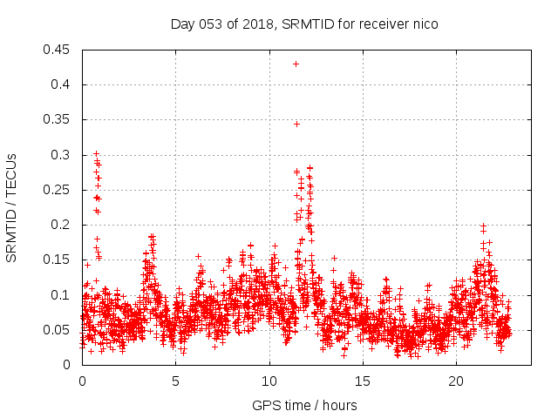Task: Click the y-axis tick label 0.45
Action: point(58,50)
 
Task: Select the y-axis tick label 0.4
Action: point(62,84)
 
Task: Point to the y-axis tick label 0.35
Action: point(58,119)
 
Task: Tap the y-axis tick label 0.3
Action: point(62,155)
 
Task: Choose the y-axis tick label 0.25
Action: point(58,190)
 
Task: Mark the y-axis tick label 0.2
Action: point(62,225)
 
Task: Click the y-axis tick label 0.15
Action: point(58,260)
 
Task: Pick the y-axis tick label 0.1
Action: point(62,294)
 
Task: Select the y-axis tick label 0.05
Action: point(58,330)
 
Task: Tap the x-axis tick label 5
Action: point(176,381)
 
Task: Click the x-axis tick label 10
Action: point(269,381)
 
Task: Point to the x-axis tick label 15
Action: point(363,381)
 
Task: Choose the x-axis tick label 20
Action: point(456,381)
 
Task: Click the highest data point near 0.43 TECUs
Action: point(296,64)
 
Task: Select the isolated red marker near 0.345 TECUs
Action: point(296,124)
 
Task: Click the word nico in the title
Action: point(425,24)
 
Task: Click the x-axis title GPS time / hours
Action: point(304,405)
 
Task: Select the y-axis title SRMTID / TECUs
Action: point(12,207)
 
